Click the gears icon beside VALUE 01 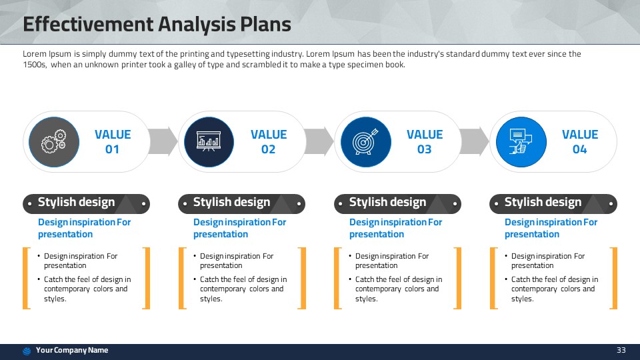53,141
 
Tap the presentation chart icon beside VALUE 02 209,141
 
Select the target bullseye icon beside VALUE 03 365,141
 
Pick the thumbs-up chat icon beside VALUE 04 521,141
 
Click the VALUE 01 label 113,141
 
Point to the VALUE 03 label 425,141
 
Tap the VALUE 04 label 580,141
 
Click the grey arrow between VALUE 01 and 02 163,141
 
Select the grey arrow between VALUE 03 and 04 474,141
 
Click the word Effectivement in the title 87,24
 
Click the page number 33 621,350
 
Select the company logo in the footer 27,351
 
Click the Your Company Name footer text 72,350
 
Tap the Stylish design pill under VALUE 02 241,204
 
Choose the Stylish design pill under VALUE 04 553,204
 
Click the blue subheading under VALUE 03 395,228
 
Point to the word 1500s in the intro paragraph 35,65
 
